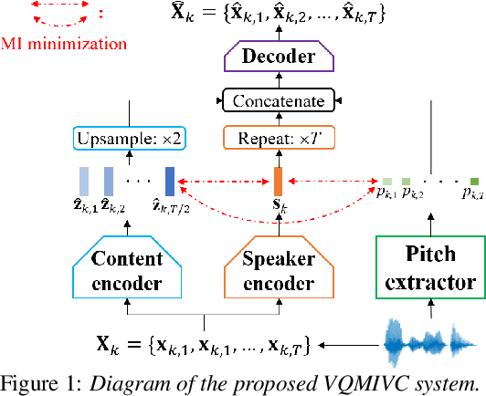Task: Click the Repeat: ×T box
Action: click(x=279, y=139)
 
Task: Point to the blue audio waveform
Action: click(x=430, y=345)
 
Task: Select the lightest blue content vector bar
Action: click(x=84, y=180)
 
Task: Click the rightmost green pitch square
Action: click(x=474, y=181)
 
